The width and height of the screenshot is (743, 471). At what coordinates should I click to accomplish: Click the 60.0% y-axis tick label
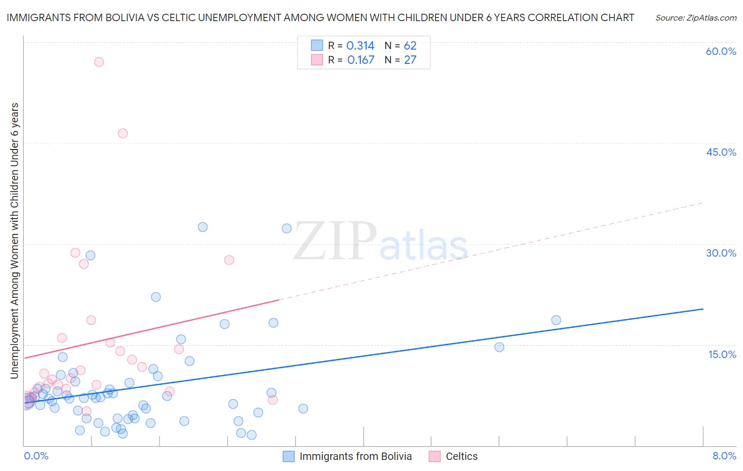tap(721, 51)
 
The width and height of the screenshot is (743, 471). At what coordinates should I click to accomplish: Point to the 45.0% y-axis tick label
tap(721, 152)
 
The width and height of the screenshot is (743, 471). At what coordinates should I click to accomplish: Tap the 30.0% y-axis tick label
tap(721, 253)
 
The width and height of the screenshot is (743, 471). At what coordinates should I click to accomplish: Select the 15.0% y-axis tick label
tap(722, 354)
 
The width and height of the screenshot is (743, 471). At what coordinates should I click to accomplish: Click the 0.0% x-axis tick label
tap(36, 456)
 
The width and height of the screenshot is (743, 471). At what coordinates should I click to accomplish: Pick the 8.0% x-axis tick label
tap(724, 456)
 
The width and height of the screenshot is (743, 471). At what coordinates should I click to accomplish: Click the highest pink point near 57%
tap(99, 62)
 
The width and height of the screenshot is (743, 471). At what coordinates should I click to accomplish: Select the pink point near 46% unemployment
tap(123, 133)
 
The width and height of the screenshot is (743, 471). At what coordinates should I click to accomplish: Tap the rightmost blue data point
tap(556, 320)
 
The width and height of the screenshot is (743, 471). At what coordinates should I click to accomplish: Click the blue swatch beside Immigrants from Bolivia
tap(289, 456)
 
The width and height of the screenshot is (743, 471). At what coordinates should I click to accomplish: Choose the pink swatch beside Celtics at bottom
tap(434, 456)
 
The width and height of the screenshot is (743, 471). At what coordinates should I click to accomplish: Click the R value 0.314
tap(360, 46)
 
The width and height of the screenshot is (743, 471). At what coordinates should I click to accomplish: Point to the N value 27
tap(410, 60)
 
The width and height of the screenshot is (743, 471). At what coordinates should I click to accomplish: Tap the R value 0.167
tap(360, 60)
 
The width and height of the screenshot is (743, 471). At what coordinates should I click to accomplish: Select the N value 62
tap(410, 46)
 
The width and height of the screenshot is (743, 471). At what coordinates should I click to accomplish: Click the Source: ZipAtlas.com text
tap(695, 18)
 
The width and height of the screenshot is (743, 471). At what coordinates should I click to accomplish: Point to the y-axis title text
tap(15, 241)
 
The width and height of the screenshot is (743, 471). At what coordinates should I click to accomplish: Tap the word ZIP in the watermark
tap(335, 242)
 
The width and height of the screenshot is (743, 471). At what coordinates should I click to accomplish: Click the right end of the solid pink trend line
tap(278, 300)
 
